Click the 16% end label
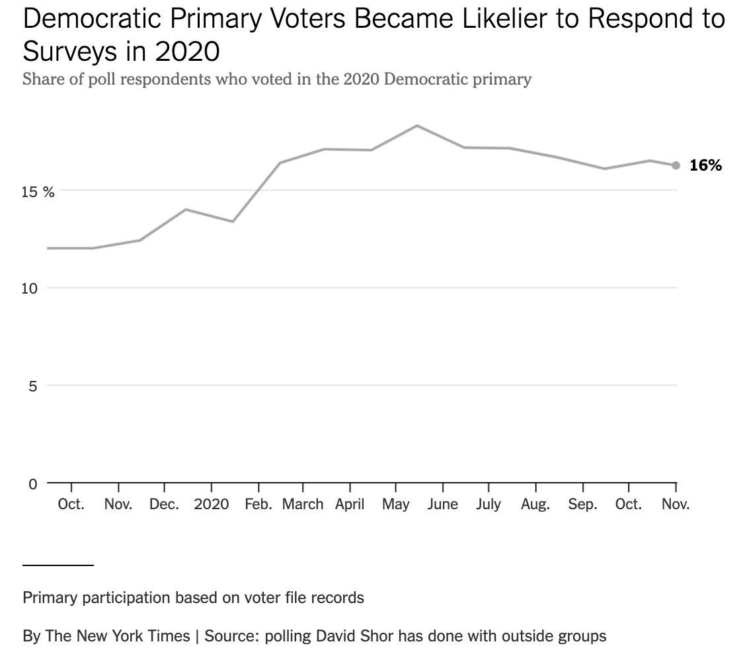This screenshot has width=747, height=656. [x=705, y=165]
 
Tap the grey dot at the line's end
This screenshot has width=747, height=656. [x=676, y=165]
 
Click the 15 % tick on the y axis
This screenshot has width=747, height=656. [x=38, y=192]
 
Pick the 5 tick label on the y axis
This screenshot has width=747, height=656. [x=33, y=386]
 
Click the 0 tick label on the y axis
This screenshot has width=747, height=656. [x=32, y=483]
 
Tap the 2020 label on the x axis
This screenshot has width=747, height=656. [x=212, y=505]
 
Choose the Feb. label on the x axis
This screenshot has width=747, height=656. [x=258, y=505]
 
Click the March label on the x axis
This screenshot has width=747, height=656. [x=303, y=505]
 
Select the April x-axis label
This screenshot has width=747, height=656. [x=350, y=505]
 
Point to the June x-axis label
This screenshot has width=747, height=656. [x=442, y=505]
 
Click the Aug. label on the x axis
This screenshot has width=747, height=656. [x=535, y=505]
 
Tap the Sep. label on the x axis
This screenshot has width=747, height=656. [x=582, y=505]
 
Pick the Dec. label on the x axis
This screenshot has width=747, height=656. [x=164, y=505]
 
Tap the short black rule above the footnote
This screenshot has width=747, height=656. [x=58, y=565]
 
